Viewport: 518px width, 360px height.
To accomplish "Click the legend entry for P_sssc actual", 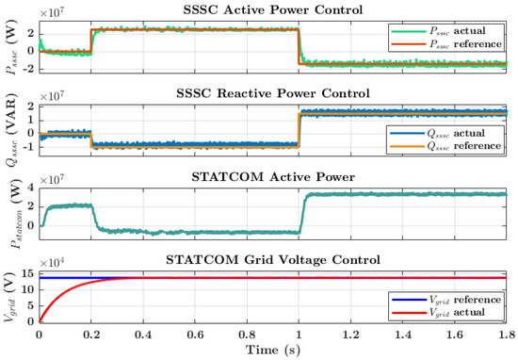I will [x=447, y=31].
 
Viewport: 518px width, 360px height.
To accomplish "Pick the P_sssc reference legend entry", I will [x=447, y=44].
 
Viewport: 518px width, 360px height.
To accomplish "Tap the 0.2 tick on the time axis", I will [x=91, y=334].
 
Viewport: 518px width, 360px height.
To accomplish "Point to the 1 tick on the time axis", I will [x=300, y=334].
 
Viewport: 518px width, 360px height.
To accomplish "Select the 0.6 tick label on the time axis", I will [x=196, y=334].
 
